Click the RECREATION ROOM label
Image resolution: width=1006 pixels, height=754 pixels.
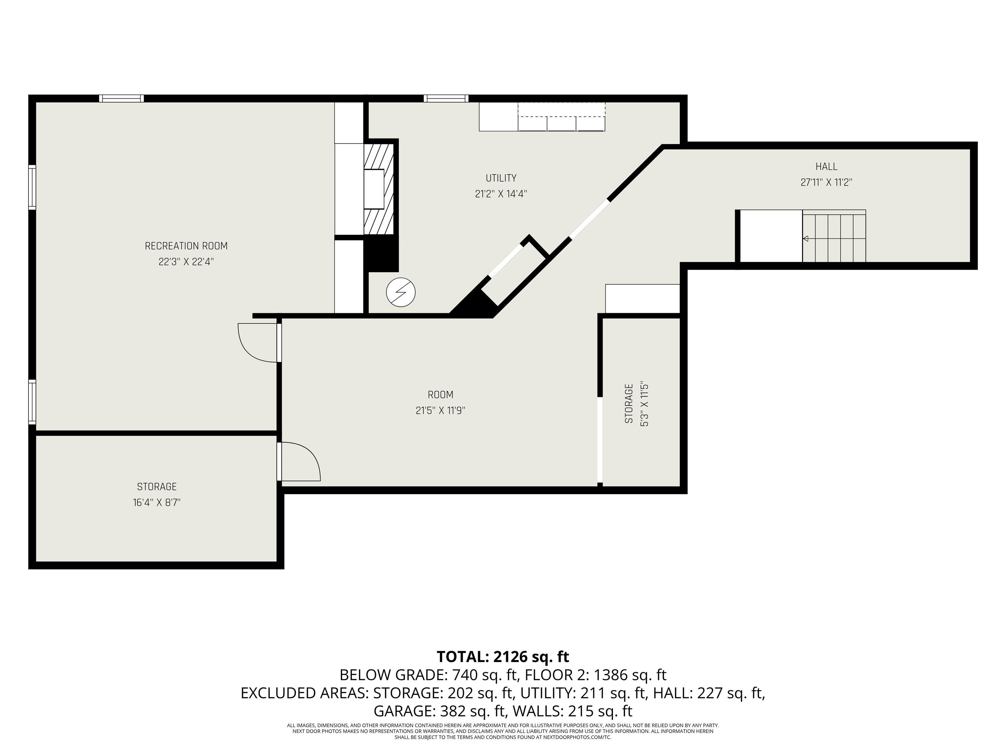point(186,246)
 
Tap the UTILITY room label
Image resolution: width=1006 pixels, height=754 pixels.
point(501,178)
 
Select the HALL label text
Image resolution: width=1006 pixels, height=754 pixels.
point(826,166)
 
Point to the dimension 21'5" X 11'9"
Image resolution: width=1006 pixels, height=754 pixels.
point(440,410)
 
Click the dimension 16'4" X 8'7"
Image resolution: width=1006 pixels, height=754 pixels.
point(157,503)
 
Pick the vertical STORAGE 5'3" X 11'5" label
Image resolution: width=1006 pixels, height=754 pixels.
point(636,404)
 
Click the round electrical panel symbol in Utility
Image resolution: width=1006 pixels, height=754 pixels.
point(401,292)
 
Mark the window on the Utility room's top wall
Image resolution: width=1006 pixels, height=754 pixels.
point(446,98)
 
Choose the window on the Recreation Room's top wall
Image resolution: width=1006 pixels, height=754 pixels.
point(121,98)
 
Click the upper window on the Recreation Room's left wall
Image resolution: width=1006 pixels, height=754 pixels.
point(32,187)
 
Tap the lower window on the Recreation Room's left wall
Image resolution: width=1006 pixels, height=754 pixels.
point(32,402)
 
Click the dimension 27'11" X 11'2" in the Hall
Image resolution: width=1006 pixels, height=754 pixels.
point(826,182)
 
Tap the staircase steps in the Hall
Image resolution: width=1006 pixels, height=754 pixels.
point(834,236)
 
